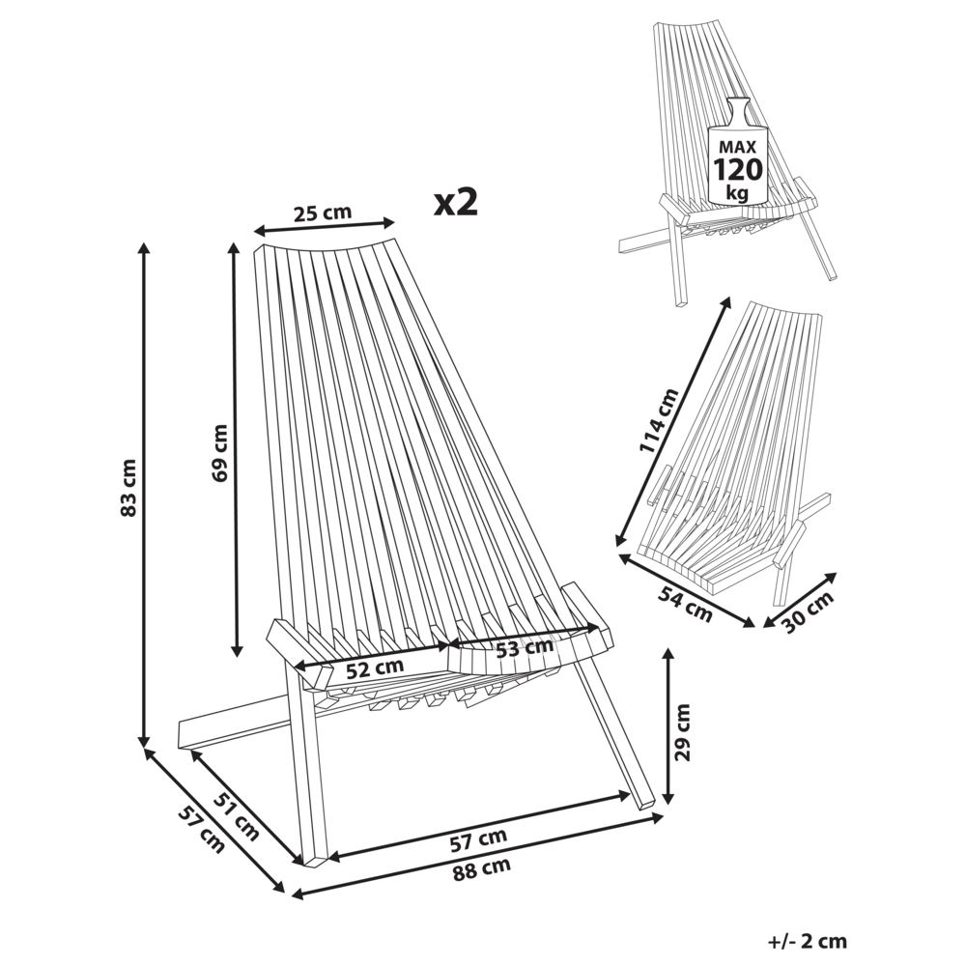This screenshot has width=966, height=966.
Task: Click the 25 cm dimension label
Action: pyautogui.click(x=323, y=213)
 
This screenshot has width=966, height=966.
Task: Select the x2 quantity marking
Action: pyautogui.click(x=455, y=201)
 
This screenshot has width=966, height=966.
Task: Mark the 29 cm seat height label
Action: pyautogui.click(x=684, y=732)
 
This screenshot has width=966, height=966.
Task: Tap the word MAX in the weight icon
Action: pyautogui.click(x=737, y=146)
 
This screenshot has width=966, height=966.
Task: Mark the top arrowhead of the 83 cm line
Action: pyautogui.click(x=145, y=247)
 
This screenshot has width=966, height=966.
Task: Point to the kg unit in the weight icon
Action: pyautogui.click(x=737, y=192)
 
